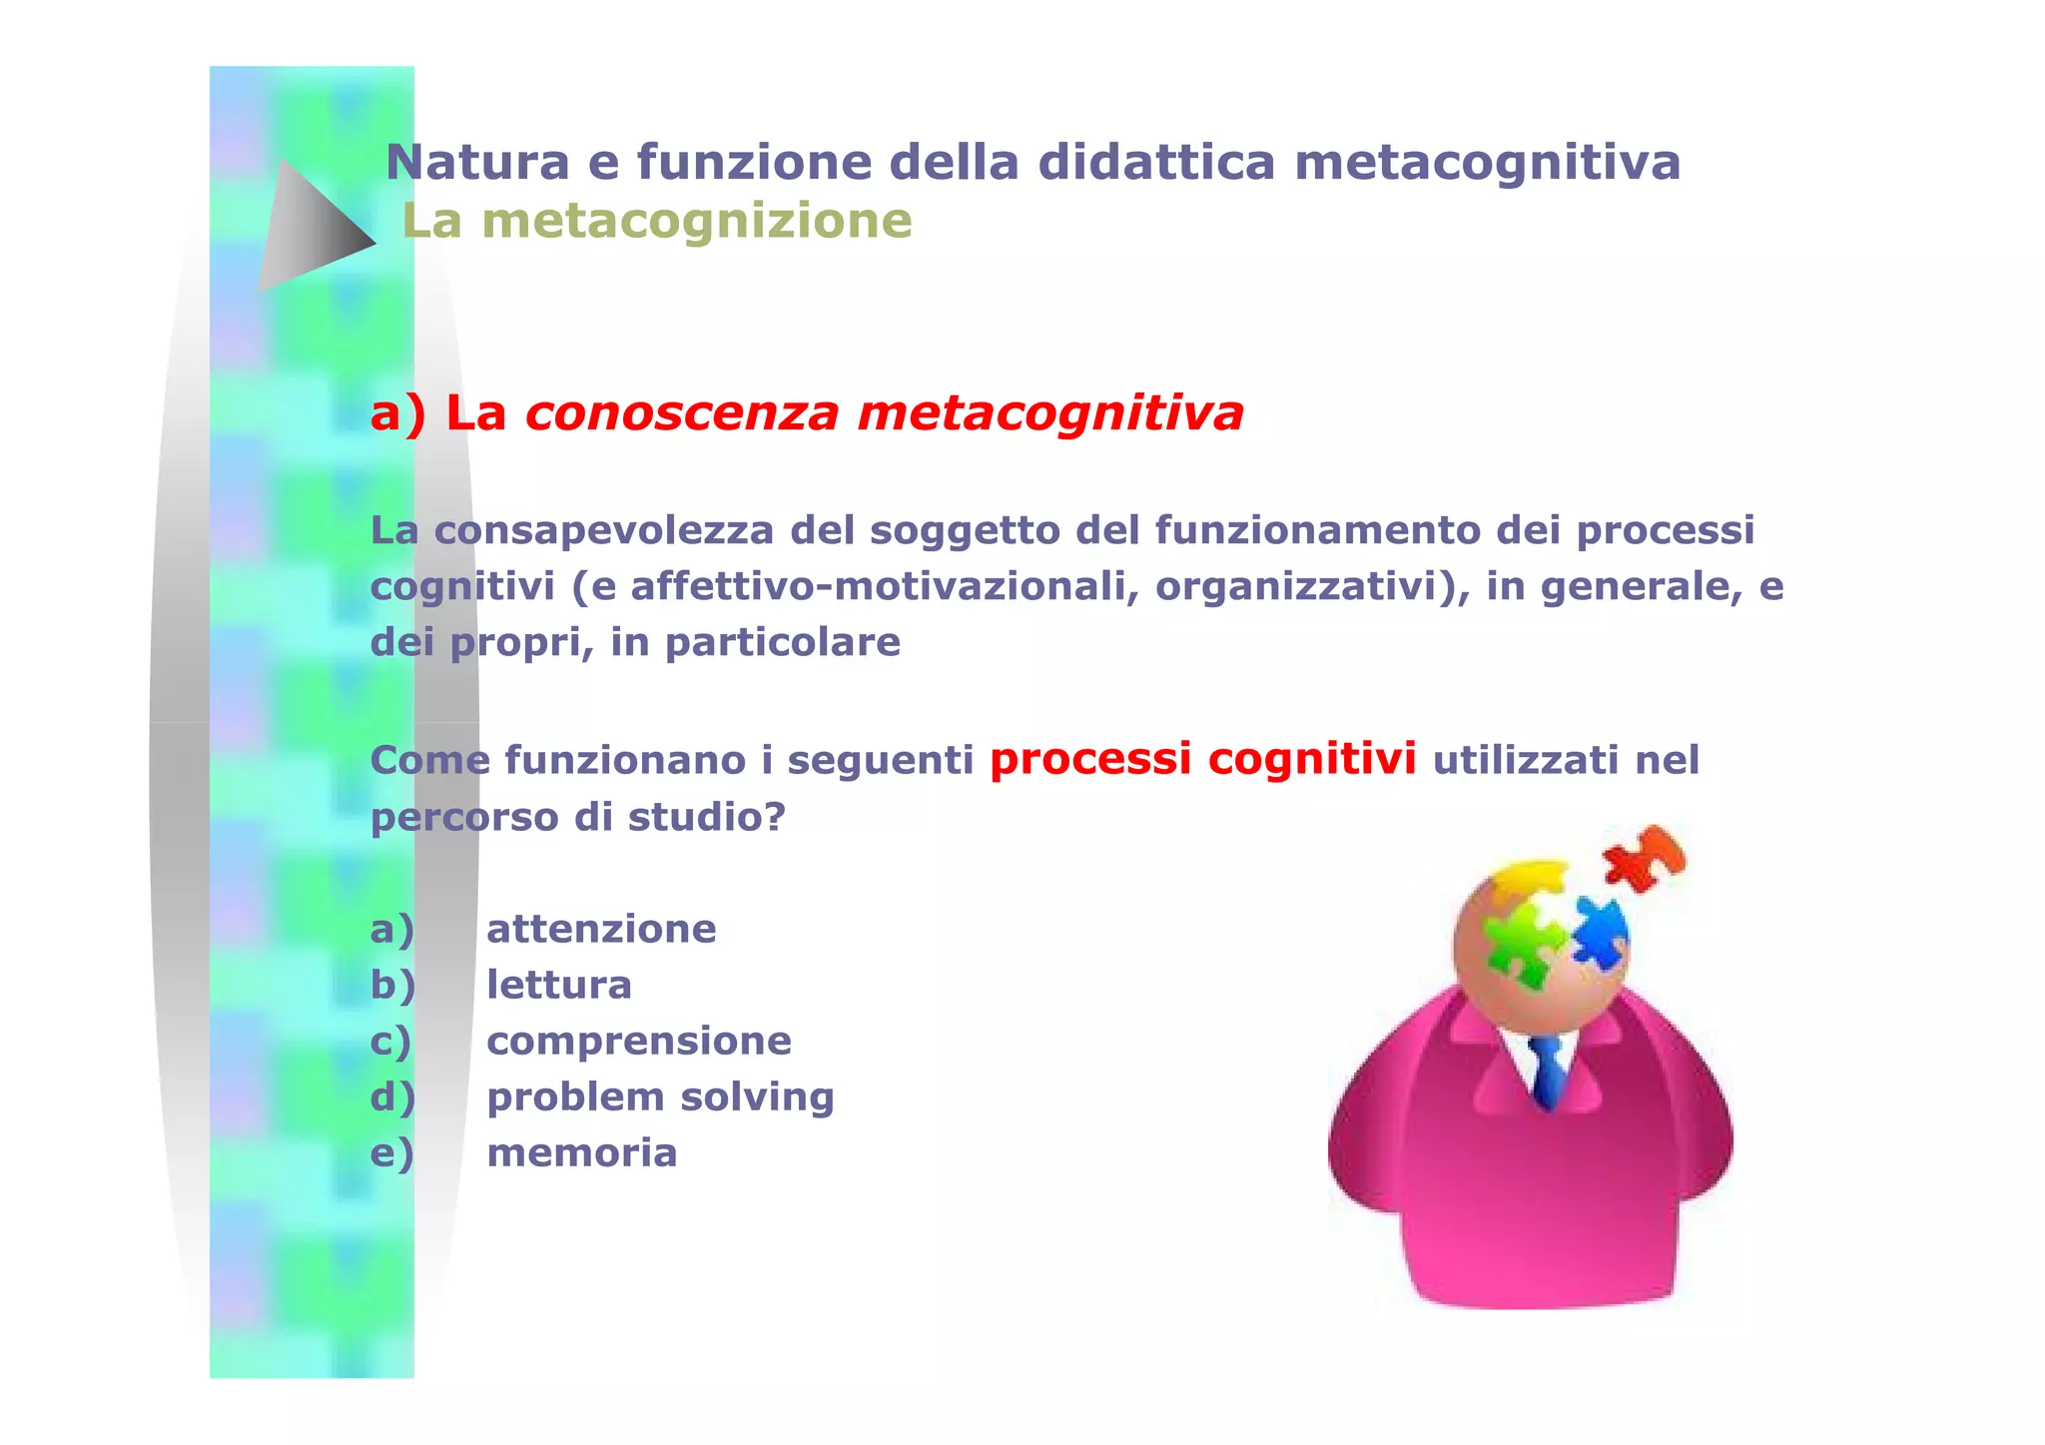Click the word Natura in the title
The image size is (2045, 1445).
pos(477,163)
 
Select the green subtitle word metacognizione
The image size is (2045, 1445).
pos(696,221)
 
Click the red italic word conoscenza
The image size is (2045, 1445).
pos(682,413)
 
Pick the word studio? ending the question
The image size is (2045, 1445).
pos(706,817)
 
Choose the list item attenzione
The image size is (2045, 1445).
pos(601,929)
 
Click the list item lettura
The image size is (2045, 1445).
pos(559,985)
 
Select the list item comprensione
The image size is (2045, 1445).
pos(639,1041)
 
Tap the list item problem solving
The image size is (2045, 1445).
pos(660,1096)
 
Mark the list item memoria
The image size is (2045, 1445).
pos(582,1152)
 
